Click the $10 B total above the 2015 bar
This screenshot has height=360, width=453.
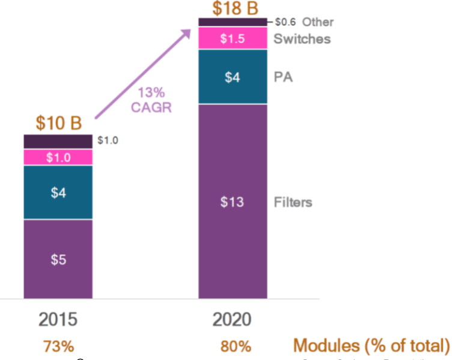[x=58, y=123]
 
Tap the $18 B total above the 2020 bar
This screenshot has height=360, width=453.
[x=232, y=8]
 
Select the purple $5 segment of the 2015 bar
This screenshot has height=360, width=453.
[x=58, y=259]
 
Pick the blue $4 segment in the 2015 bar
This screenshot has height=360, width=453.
[x=58, y=192]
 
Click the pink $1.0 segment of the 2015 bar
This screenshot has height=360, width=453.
[x=58, y=157]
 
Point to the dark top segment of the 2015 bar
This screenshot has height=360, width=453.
[x=58, y=141]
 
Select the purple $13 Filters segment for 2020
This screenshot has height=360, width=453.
[x=232, y=201]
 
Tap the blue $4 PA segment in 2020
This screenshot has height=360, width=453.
[x=232, y=77]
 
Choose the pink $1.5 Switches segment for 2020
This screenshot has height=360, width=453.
[x=232, y=38]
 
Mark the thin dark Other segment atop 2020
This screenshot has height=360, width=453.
[x=232, y=22]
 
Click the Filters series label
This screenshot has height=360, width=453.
[x=293, y=202]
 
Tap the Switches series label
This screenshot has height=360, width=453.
[x=302, y=39]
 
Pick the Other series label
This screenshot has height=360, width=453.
[x=318, y=22]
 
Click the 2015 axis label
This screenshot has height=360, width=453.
[x=58, y=319]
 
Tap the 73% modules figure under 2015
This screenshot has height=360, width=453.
[x=58, y=347]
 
